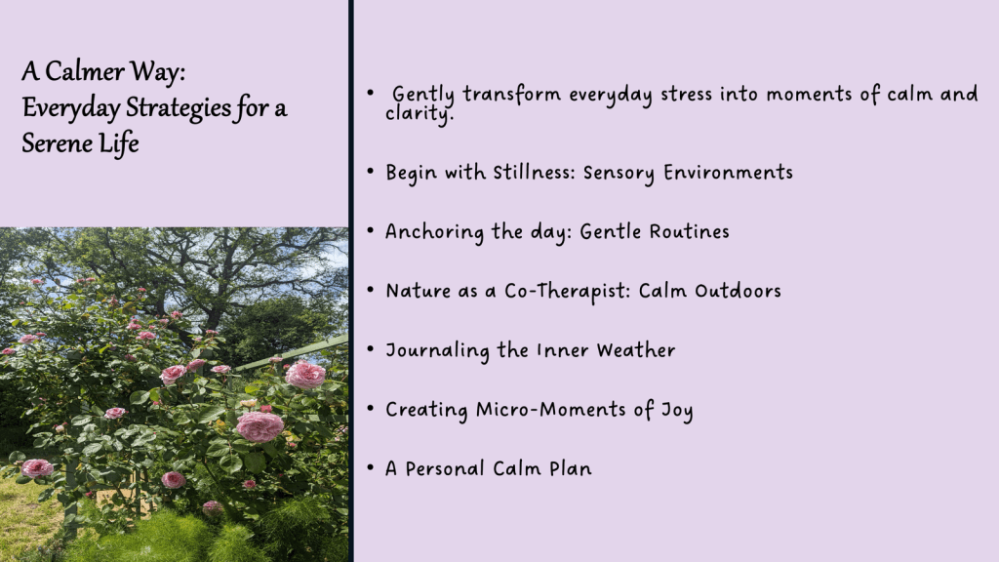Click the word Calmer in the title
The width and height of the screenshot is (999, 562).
coord(85,71)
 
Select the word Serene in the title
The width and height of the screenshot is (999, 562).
coord(58,142)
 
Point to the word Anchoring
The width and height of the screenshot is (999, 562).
coord(434,232)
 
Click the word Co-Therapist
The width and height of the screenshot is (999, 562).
coord(568,292)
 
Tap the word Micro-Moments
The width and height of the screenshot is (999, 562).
coord(551,409)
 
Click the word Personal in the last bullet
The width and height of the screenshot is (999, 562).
coord(445,468)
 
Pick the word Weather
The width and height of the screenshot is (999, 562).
coord(636,350)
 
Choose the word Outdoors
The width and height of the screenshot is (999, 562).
coord(738,291)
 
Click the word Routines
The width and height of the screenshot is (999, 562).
coord(690,231)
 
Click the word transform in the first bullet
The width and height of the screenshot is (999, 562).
coord(511,95)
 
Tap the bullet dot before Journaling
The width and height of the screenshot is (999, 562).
coord(370,349)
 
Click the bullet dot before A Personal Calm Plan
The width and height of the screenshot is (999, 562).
coord(370,467)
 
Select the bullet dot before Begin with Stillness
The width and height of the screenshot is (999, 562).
coord(370,172)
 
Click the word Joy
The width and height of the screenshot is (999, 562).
coord(677,411)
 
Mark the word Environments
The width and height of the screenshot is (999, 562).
coord(728,172)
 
